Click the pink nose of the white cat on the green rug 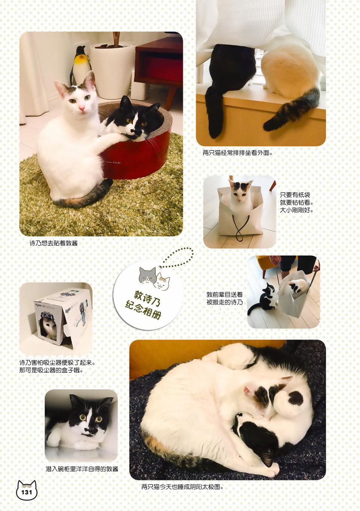(x=82, y=109)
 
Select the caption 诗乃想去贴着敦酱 (x=54, y=243)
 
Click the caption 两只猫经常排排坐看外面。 (x=237, y=153)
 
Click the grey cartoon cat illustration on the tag (x=148, y=275)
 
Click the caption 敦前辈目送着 (x=224, y=295)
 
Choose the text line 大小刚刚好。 (x=296, y=210)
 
